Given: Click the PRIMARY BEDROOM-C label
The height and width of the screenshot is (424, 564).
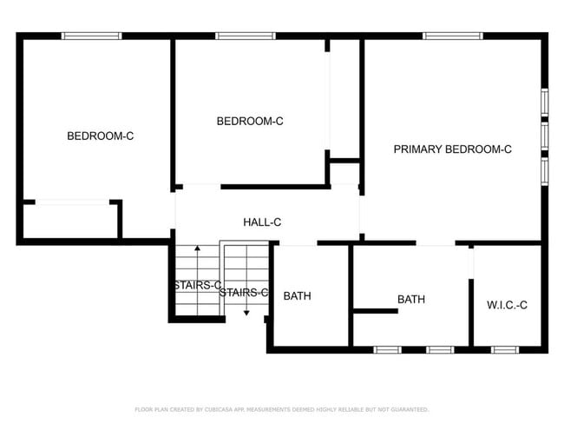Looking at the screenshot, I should click(452, 149).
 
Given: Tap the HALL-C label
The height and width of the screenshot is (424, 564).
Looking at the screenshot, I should click(262, 222).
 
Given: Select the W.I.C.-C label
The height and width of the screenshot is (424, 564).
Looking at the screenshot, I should click(507, 305).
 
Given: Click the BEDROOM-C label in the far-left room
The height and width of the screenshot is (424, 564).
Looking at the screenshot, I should click(101, 136).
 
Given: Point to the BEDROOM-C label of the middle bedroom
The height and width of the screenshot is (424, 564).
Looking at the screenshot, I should click(250, 122).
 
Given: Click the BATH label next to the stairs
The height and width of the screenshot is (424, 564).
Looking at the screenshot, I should click(297, 296).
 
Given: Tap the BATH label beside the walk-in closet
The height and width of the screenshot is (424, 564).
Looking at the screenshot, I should click(411, 300).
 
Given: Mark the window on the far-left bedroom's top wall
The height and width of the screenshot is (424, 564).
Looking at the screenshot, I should click(91, 36).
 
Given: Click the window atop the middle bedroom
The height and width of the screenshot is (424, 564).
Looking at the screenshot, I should click(246, 36).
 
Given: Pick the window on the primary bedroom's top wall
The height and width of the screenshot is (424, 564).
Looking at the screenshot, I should click(453, 36).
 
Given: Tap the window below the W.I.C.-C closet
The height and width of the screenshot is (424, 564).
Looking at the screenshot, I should click(504, 349).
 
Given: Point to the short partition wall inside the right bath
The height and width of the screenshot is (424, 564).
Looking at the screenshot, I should click(375, 310).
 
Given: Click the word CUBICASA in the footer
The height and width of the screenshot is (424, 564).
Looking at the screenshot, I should click(221, 409).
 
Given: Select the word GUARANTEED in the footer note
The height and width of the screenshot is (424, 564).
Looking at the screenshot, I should click(410, 409).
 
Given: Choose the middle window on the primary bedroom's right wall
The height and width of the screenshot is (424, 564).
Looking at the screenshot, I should click(545, 136).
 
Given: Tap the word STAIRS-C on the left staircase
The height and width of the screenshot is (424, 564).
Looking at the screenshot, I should click(196, 286).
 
